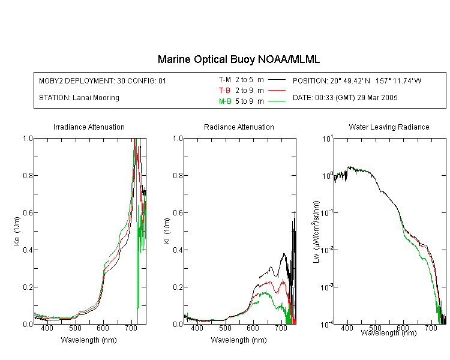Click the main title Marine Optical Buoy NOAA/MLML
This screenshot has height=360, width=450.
pyautogui.click(x=238, y=59)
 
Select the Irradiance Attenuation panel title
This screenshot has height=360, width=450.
pyautogui.click(x=89, y=127)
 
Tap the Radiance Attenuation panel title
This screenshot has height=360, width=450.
pyautogui.click(x=239, y=127)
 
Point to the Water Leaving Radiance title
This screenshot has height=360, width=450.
pyautogui.click(x=389, y=127)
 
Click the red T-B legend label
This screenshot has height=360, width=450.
pyautogui.click(x=224, y=91)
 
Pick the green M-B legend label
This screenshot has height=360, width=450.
pyautogui.click(x=225, y=101)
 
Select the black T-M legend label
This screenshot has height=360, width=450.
pyautogui.click(x=225, y=80)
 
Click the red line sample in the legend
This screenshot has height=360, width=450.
pyautogui.click(x=277, y=91)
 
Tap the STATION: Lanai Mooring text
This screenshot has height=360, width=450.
pyautogui.click(x=79, y=98)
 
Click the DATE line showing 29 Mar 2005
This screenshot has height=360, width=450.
pyautogui.click(x=345, y=98)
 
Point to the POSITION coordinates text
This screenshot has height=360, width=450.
pyautogui.click(x=357, y=80)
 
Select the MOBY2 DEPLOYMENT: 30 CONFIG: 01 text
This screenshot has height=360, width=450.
pyautogui.click(x=103, y=80)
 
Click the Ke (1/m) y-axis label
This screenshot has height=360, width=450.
pyautogui.click(x=17, y=231)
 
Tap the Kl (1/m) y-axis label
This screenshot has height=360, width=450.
pyautogui.click(x=167, y=231)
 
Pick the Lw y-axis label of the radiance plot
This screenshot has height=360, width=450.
pyautogui.click(x=316, y=232)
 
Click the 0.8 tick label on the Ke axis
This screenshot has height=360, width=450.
pyautogui.click(x=28, y=175)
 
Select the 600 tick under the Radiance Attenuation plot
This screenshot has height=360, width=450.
pyautogui.click(x=253, y=328)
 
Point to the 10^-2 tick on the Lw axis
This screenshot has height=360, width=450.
pyautogui.click(x=327, y=250)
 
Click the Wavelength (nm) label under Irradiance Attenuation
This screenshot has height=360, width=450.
pyautogui.click(x=89, y=340)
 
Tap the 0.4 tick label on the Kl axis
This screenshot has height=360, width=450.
pyautogui.click(x=178, y=250)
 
